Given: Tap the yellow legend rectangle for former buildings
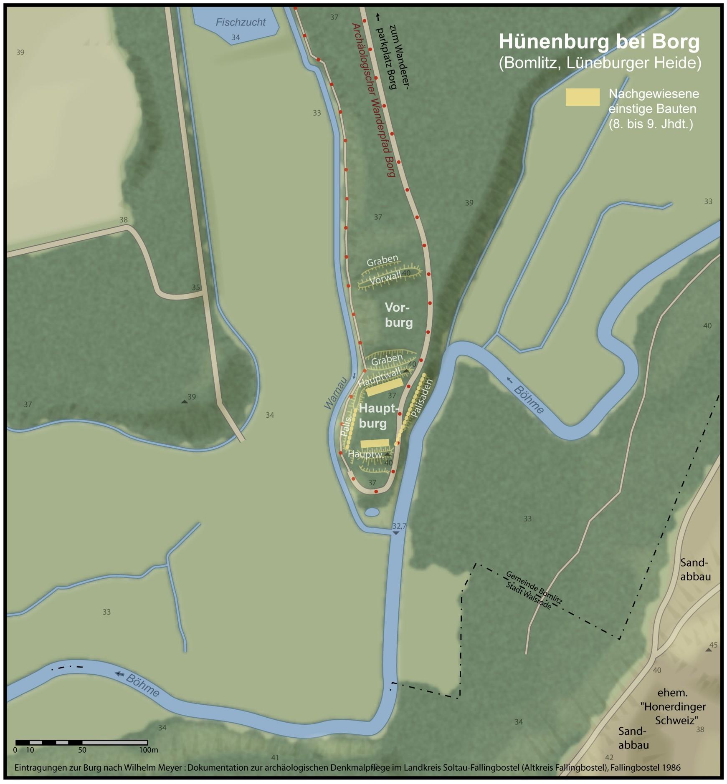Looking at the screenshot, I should [x=582, y=97].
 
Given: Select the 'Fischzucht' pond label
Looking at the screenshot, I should [x=241, y=23].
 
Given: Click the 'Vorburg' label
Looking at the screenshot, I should [x=398, y=315].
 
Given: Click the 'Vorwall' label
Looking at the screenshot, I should [x=385, y=278].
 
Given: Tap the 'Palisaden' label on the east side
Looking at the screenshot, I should [x=423, y=398].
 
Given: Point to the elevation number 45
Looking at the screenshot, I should [x=713, y=645].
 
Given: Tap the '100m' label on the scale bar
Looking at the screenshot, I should [x=149, y=750].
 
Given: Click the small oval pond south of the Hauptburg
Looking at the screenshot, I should [x=372, y=512].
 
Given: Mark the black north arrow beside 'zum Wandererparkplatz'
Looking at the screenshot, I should [x=378, y=17].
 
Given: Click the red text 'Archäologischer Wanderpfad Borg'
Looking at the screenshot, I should [x=373, y=100].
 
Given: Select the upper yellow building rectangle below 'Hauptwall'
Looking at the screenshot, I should [x=385, y=387].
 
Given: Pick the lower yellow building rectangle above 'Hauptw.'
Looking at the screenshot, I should [x=375, y=443].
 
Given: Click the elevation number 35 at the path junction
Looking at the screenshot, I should [x=196, y=287].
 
